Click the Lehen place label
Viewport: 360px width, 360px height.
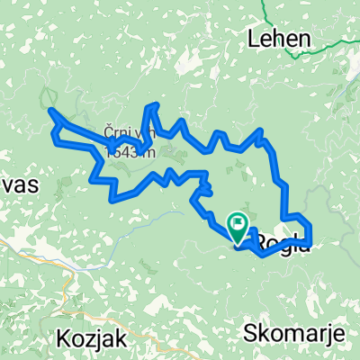(x=281, y=40)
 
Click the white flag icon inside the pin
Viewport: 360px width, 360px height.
(x=239, y=221)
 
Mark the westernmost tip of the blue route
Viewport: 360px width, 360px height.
(x=49, y=112)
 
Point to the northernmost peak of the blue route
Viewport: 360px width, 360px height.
(x=155, y=105)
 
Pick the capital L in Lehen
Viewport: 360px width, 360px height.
(x=255, y=40)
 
